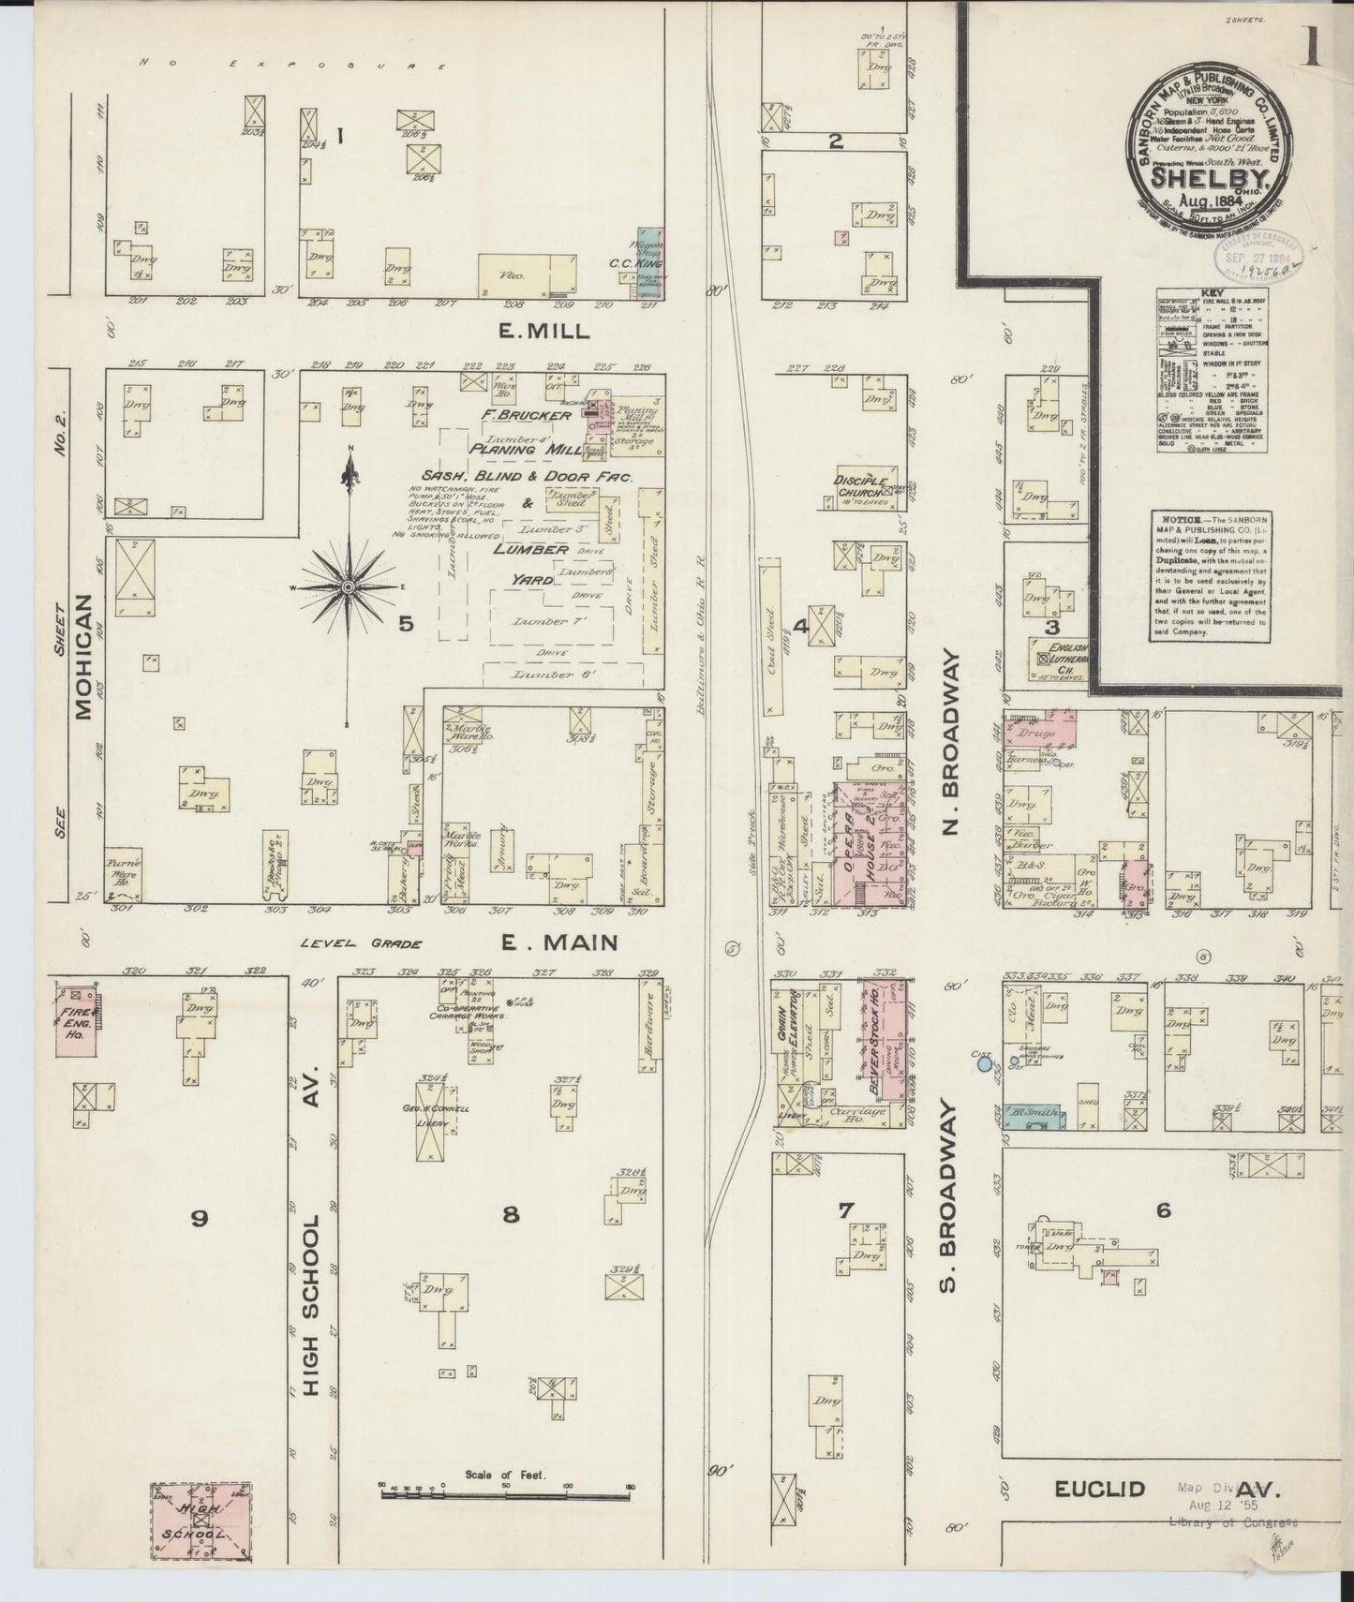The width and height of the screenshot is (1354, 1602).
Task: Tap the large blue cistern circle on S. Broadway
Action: point(983,1063)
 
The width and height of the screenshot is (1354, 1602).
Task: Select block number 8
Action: point(511,1216)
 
